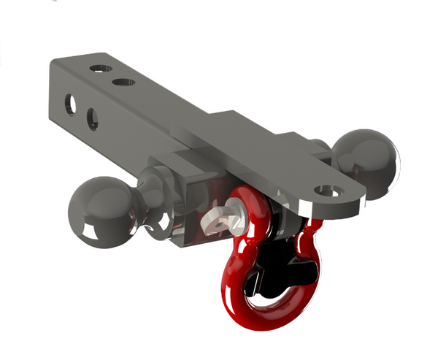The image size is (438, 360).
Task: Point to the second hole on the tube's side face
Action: tap(93, 118)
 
